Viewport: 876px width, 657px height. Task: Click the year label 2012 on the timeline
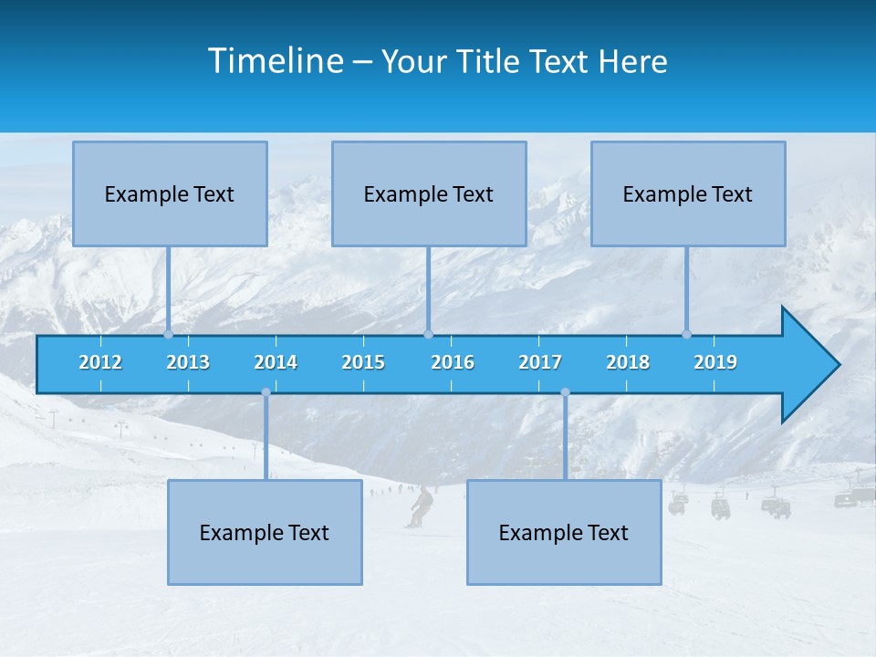pos(100,362)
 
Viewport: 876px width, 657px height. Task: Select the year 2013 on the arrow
pos(188,362)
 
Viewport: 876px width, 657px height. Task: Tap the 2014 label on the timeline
pos(276,362)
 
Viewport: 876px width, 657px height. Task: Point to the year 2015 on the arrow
pos(363,362)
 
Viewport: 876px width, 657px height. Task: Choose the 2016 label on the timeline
pos(453,362)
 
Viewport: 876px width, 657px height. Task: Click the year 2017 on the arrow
pos(540,362)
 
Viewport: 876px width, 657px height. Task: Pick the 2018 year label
pos(628,362)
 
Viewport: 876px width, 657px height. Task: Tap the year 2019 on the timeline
pos(715,362)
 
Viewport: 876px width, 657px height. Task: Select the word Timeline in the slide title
pos(276,61)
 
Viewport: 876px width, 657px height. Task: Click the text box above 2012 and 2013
pos(170,193)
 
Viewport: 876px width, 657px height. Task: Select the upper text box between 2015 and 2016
pos(429,193)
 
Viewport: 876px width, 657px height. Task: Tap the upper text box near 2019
pos(688,193)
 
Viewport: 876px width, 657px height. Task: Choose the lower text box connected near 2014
pos(265,532)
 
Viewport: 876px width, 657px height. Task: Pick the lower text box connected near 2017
pos(564,532)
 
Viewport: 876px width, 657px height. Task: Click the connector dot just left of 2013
pos(168,335)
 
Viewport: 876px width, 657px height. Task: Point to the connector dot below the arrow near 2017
pos(565,392)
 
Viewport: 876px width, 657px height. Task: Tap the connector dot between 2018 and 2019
pos(686,335)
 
